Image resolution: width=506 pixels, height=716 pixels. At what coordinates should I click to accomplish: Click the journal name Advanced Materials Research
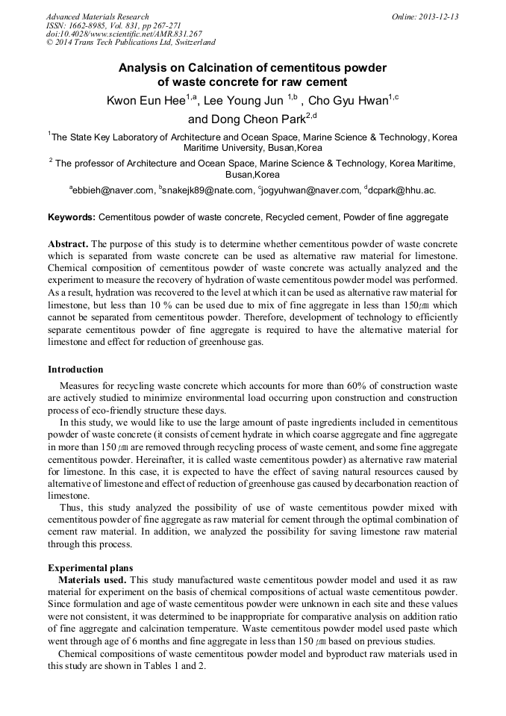click(98, 16)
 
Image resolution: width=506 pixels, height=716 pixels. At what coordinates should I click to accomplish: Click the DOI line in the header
click(124, 34)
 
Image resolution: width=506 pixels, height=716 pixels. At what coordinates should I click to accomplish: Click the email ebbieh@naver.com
click(113, 191)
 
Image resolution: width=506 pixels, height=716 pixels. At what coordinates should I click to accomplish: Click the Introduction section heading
click(75, 369)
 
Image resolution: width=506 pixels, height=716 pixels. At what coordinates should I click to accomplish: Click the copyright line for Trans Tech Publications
click(131, 43)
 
